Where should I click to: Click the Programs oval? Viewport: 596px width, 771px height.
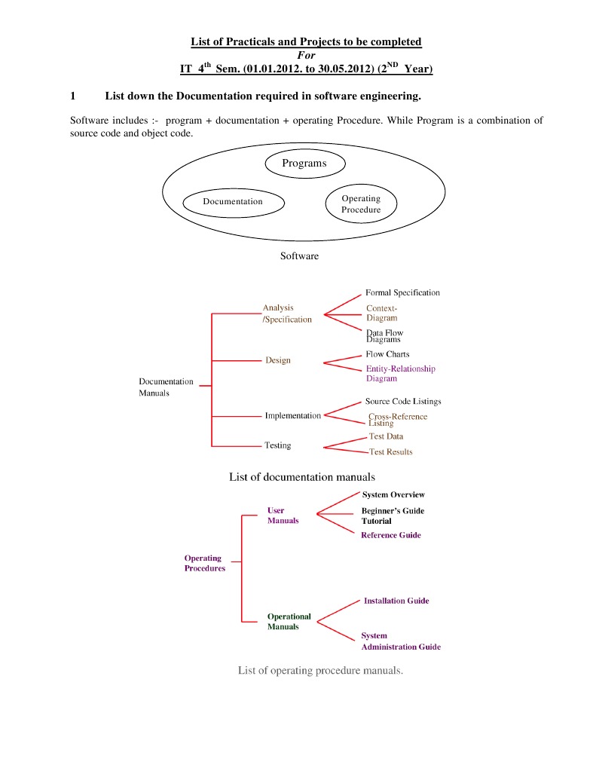click(x=304, y=164)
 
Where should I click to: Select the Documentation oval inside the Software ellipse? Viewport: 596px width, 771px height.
click(x=233, y=202)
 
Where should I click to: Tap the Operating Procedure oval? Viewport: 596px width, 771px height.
click(x=361, y=204)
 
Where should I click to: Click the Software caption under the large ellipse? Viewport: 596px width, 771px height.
click(x=299, y=256)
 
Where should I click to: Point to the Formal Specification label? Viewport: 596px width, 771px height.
click(x=402, y=292)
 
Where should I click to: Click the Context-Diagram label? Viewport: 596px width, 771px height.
click(x=382, y=313)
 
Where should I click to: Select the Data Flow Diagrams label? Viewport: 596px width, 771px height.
click(x=384, y=336)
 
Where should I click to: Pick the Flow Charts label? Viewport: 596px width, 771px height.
click(x=387, y=354)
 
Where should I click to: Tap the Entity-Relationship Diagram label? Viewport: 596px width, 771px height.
click(x=400, y=374)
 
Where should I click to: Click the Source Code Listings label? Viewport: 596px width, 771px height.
click(x=403, y=402)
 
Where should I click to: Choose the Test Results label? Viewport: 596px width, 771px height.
click(x=390, y=452)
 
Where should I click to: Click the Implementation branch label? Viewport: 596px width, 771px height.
click(x=292, y=415)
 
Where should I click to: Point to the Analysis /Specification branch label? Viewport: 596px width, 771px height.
click(x=286, y=314)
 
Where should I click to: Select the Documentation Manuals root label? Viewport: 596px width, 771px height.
click(x=166, y=387)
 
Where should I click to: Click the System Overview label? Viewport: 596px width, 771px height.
click(x=393, y=495)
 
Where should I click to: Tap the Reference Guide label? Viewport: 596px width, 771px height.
click(x=391, y=535)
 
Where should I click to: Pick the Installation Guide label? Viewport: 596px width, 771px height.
click(x=396, y=601)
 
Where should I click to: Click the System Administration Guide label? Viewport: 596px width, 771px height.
click(x=400, y=641)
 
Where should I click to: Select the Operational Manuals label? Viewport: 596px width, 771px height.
click(x=289, y=622)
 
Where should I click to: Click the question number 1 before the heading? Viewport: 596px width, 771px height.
click(x=72, y=96)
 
